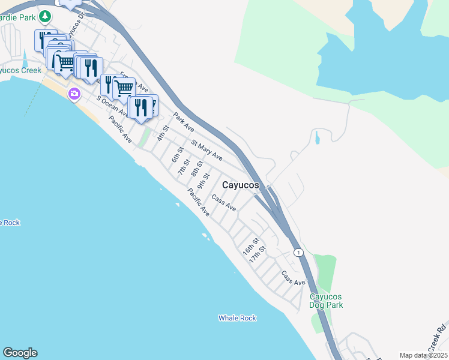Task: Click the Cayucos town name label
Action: [x=241, y=185]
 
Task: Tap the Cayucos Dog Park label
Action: [x=326, y=301]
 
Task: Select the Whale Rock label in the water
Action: [x=237, y=318]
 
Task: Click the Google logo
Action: [x=20, y=353]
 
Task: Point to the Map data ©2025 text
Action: [x=423, y=355]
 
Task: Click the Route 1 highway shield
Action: [x=298, y=253]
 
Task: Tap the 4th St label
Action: [x=161, y=133]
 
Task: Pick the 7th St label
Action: [x=184, y=167]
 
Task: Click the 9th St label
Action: [x=206, y=180]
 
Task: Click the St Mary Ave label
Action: [x=206, y=151]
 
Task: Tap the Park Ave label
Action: [x=184, y=122]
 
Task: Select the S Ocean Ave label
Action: [x=112, y=105]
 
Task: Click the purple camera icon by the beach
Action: [x=74, y=94]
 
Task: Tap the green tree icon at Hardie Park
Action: [x=44, y=16]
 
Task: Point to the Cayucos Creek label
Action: [x=20, y=70]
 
